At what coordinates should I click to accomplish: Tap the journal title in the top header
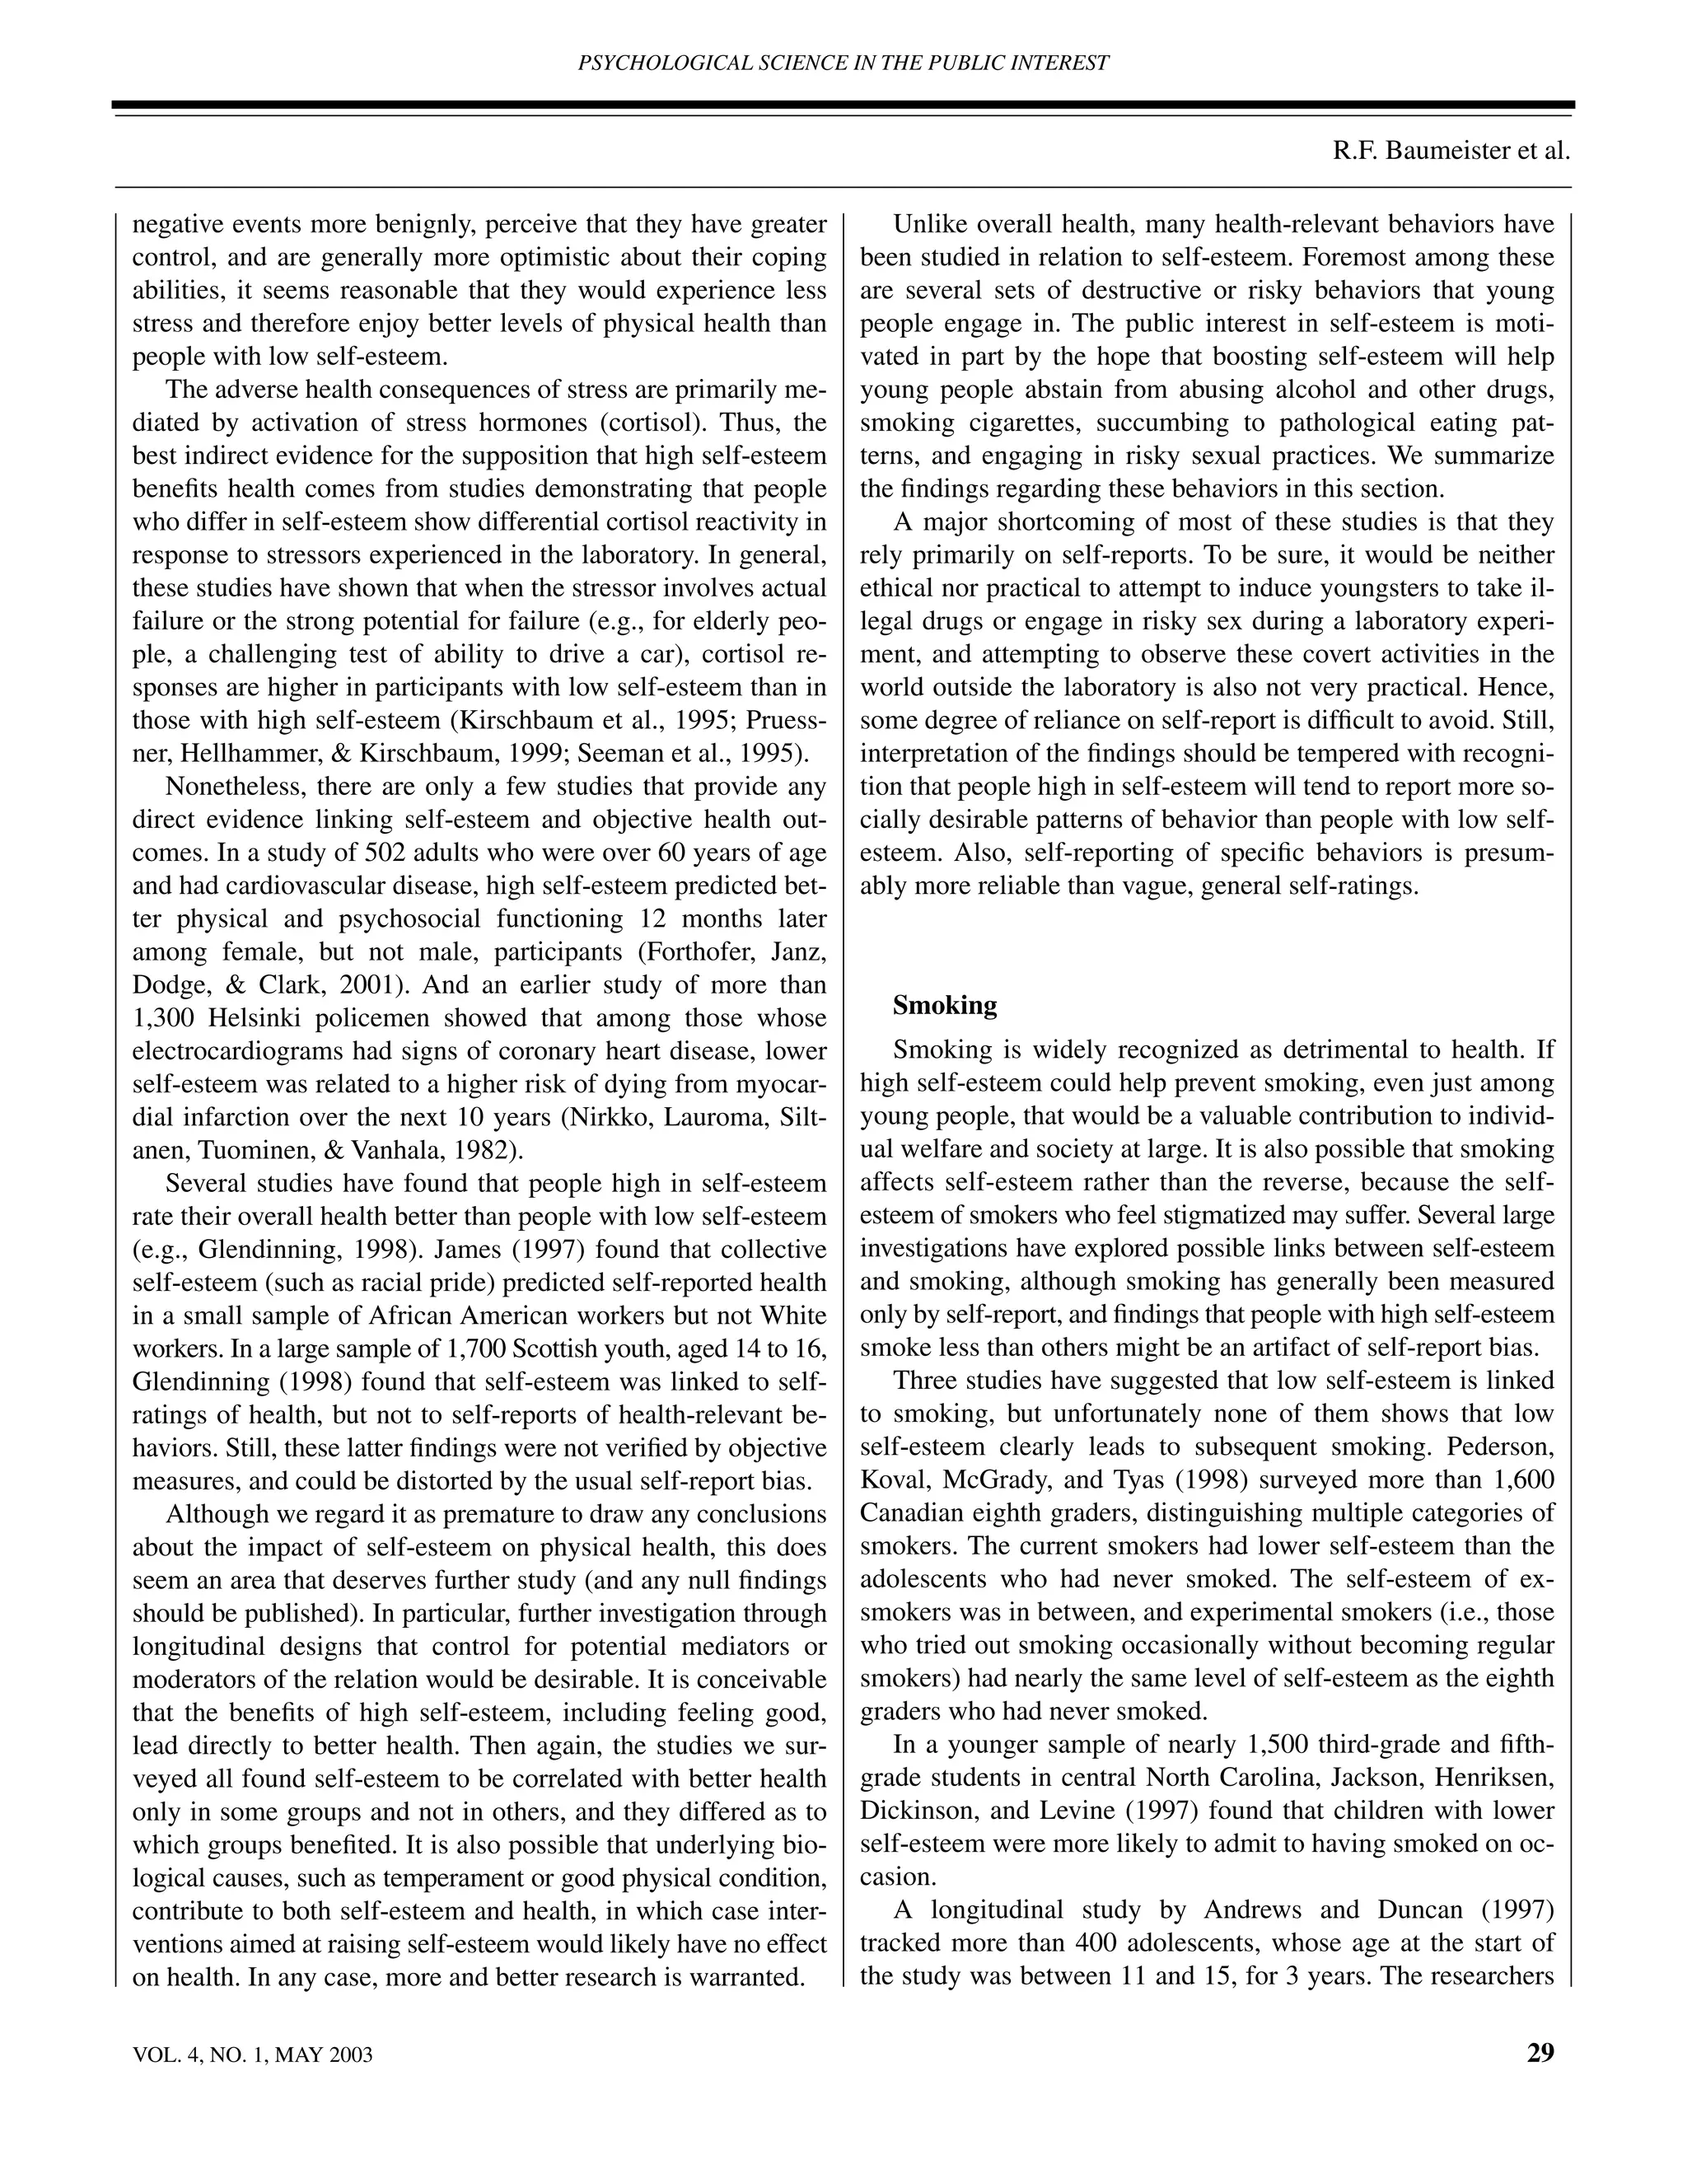pyautogui.click(x=843, y=63)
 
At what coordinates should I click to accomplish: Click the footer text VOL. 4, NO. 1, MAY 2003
pyautogui.click(x=252, y=2055)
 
